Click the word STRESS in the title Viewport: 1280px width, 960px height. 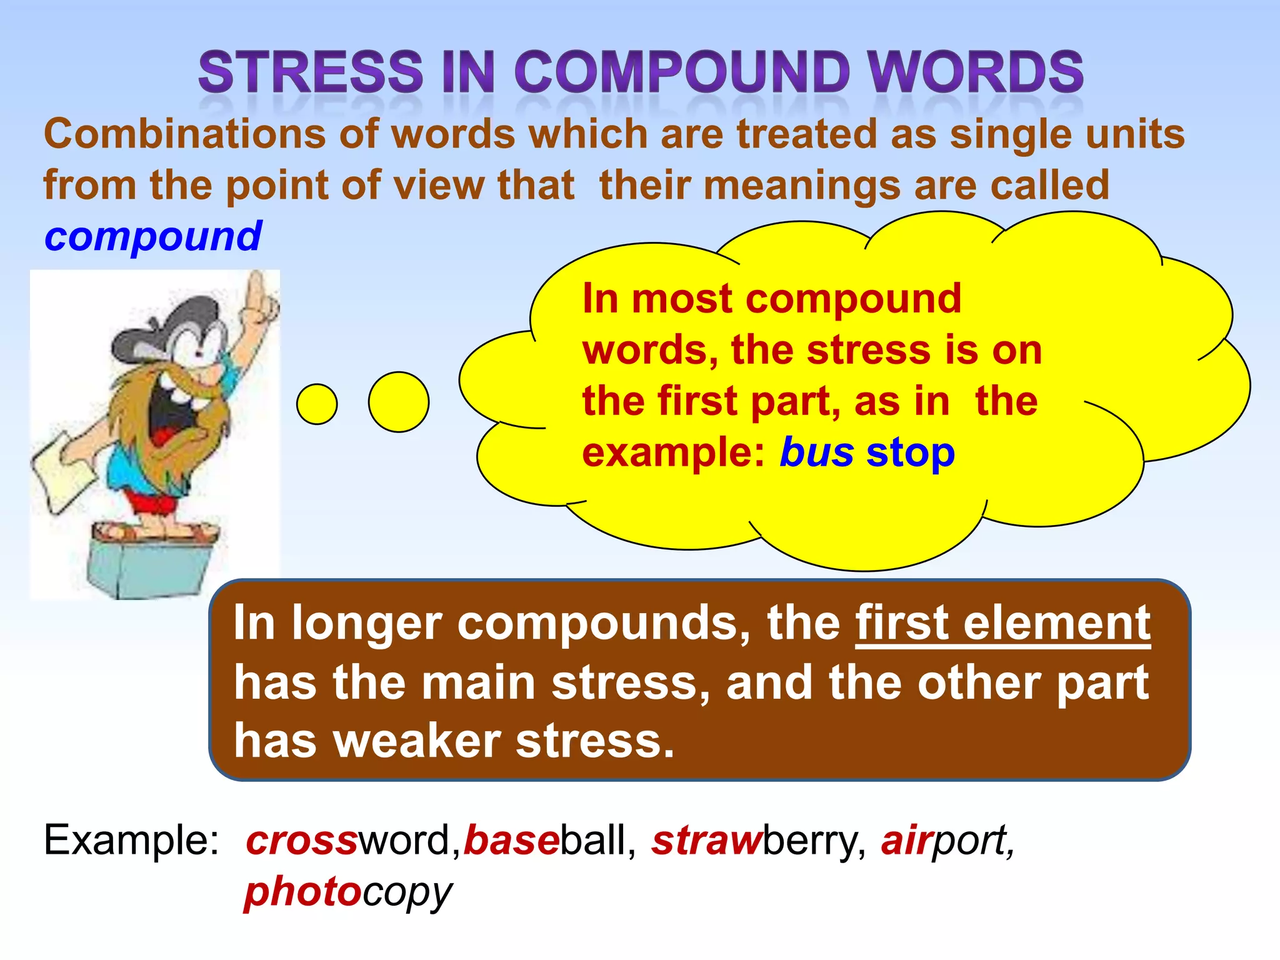click(x=311, y=71)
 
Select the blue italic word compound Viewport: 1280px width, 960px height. click(x=152, y=236)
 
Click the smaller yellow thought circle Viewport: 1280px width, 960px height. click(x=317, y=404)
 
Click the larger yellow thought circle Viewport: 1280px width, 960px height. click(x=399, y=402)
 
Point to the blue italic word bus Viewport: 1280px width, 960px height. click(x=816, y=452)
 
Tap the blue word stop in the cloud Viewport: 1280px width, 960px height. click(x=910, y=452)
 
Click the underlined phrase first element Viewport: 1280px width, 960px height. click(x=1002, y=623)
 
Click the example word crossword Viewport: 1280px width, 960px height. click(x=347, y=840)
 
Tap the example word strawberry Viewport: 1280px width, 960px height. click(x=758, y=840)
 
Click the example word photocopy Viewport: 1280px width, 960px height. click(x=347, y=892)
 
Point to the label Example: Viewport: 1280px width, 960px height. click(x=131, y=840)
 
